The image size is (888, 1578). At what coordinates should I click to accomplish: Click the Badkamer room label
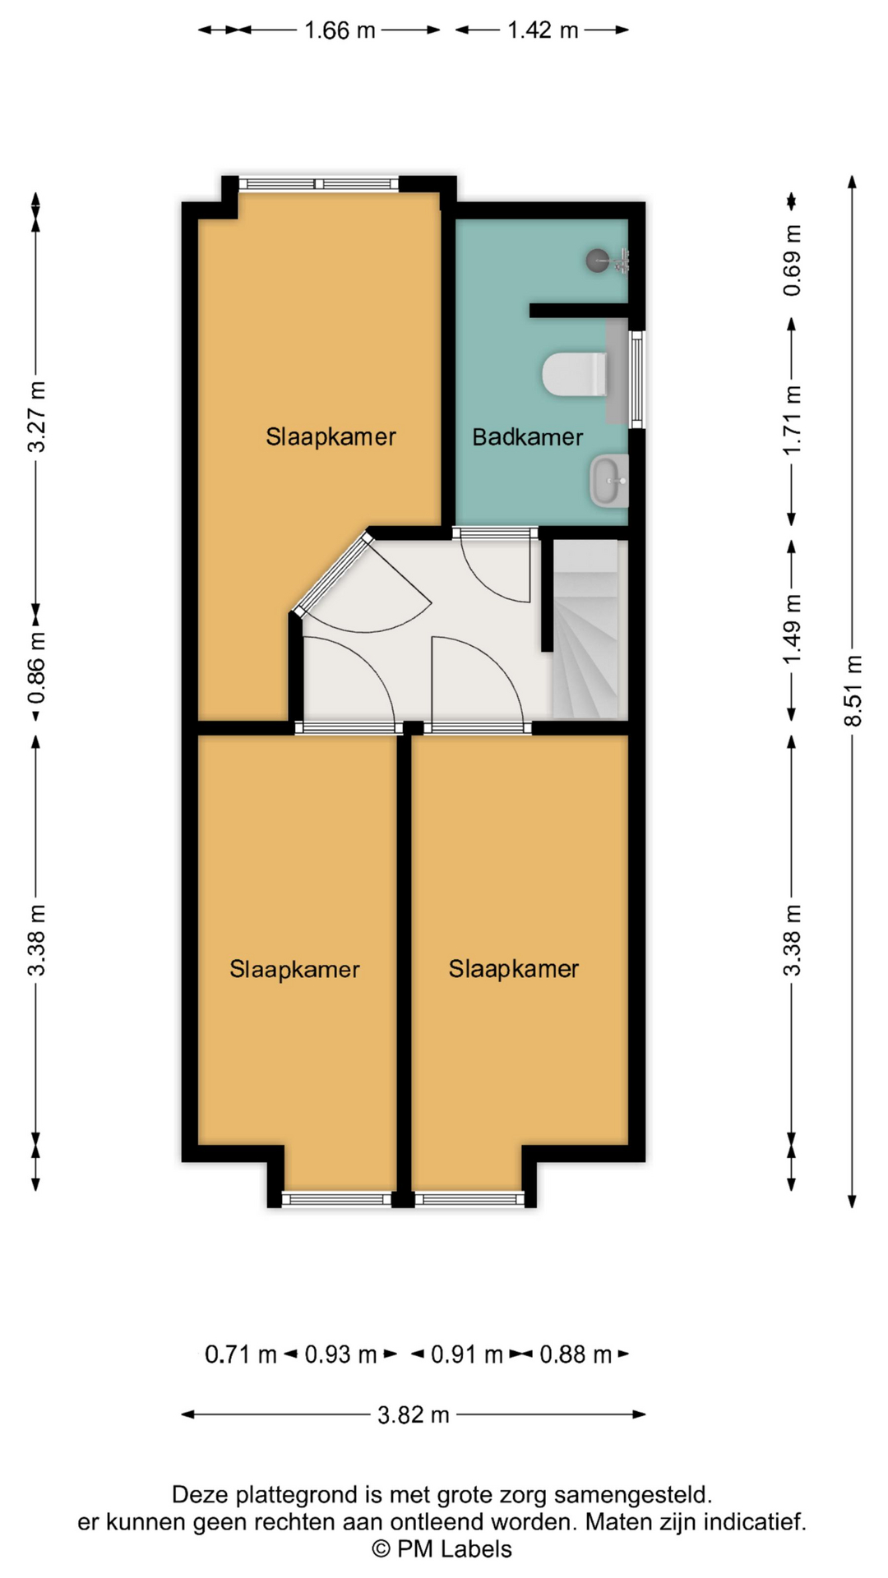(527, 436)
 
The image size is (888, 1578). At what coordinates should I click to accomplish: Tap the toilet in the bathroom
(575, 375)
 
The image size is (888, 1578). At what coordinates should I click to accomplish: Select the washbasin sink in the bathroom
(609, 482)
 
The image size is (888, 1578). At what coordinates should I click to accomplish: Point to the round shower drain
(598, 261)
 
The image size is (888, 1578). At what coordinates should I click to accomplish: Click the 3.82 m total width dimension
(413, 1414)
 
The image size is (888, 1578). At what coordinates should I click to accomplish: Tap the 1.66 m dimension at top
(340, 30)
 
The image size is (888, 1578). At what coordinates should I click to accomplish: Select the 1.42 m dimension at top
(543, 30)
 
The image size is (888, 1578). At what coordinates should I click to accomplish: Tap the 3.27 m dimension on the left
(36, 417)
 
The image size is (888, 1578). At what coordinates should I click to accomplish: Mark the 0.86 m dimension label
(36, 670)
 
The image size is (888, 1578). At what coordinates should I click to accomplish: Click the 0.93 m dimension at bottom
(340, 1354)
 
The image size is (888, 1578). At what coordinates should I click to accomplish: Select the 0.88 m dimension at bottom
(576, 1354)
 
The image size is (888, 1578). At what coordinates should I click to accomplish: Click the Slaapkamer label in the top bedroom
(331, 436)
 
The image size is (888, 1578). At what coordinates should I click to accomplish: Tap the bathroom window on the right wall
(636, 379)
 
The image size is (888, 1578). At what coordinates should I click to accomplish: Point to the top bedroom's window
(319, 184)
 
